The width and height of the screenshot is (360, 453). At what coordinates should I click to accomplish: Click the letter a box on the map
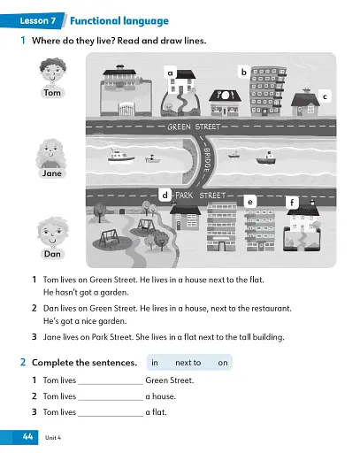click(x=169, y=72)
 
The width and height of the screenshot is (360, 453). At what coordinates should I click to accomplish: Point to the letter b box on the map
click(x=243, y=71)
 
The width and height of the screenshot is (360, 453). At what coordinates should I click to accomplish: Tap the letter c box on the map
click(x=325, y=96)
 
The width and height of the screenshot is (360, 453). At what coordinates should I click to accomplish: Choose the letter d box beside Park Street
click(x=165, y=194)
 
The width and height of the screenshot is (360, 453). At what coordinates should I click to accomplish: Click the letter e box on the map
click(x=250, y=202)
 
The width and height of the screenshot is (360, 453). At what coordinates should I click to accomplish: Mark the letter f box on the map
click(x=292, y=203)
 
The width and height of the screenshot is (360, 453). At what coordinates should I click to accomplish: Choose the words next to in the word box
click(x=188, y=363)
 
